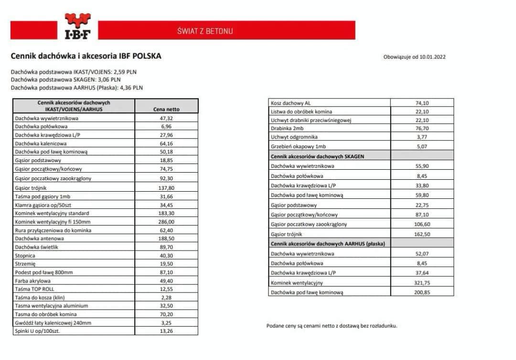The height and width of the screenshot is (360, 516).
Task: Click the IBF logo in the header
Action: click(77, 27)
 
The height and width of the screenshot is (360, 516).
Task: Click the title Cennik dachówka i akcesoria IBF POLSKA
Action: click(86, 56)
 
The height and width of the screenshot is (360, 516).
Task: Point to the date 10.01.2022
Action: click(432, 57)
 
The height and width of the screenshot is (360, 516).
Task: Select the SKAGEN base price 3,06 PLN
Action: click(109, 80)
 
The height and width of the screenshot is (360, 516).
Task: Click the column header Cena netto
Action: click(166, 109)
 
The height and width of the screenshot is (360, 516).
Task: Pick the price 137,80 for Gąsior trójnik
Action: click(166, 188)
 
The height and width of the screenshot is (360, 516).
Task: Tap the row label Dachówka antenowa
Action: click(39, 238)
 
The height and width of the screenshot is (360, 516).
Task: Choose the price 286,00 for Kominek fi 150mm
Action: click(166, 222)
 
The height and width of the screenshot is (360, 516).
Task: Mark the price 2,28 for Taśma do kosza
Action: click(166, 298)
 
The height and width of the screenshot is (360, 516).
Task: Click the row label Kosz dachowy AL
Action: click(290, 103)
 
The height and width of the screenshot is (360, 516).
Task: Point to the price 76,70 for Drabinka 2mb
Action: click(422, 129)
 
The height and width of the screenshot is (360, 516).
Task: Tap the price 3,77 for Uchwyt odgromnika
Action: click(422, 137)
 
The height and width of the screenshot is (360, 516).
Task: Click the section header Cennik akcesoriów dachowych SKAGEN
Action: click(317, 156)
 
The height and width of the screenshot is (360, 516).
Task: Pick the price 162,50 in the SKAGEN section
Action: click(422, 234)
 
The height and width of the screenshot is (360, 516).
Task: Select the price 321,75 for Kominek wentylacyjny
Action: click(422, 283)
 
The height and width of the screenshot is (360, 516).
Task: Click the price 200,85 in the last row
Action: click(422, 292)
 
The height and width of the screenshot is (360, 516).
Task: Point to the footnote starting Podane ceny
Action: click(332, 326)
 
